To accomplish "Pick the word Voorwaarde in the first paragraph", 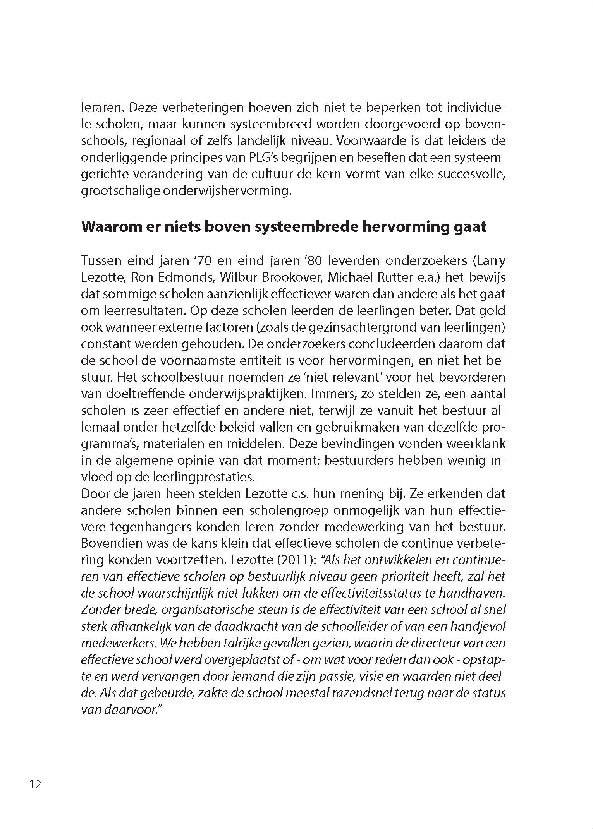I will [x=370, y=140].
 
